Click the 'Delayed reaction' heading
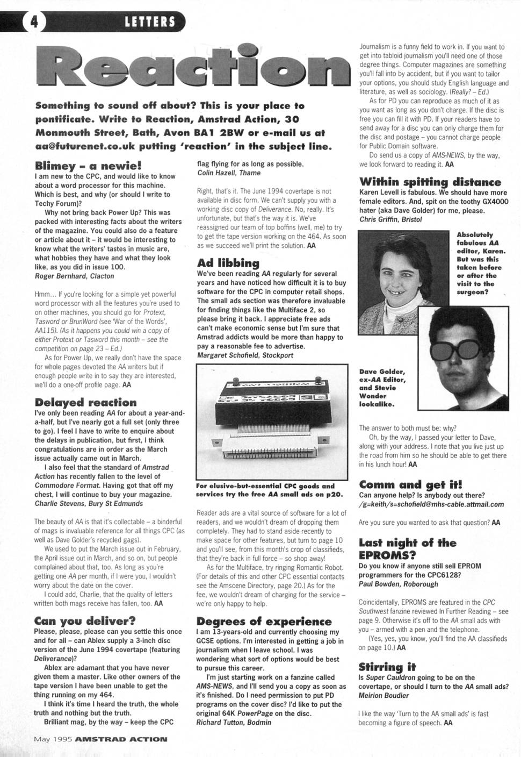86,403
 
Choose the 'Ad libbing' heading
228,263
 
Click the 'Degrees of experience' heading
264,622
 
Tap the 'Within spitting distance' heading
430,182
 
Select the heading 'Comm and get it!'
410,485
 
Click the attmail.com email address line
431,504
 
